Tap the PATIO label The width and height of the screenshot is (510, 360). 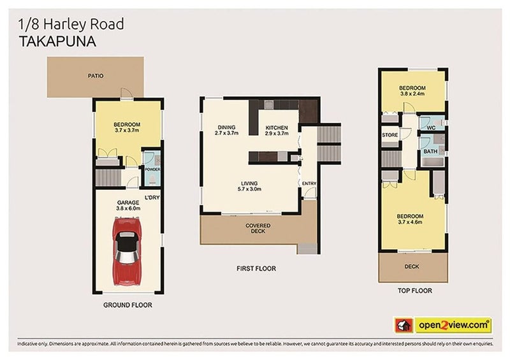pyautogui.click(x=96, y=76)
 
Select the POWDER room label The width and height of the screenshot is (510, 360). pyautogui.click(x=152, y=169)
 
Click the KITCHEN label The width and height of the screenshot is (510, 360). pyautogui.click(x=277, y=130)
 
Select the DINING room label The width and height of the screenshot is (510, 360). pyautogui.click(x=226, y=130)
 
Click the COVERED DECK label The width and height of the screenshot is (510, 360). pyautogui.click(x=258, y=229)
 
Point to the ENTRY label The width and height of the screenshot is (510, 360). pyautogui.click(x=309, y=184)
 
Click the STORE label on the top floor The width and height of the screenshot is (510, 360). pyautogui.click(x=390, y=135)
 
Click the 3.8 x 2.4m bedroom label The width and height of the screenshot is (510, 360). pyautogui.click(x=412, y=90)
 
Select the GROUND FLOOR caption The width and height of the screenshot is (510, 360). pyautogui.click(x=127, y=305)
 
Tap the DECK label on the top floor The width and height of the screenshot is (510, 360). pyautogui.click(x=412, y=266)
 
